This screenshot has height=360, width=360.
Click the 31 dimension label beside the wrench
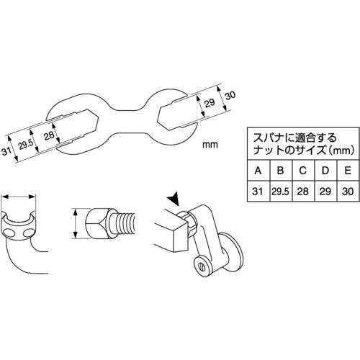tap(7, 151)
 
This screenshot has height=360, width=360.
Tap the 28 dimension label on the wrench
tap(49, 136)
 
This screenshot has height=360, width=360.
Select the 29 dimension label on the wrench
tap(210, 103)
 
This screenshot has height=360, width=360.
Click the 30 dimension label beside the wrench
tap(230, 96)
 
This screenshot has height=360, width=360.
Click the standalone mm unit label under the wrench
tap(210, 145)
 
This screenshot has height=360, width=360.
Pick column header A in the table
tap(258, 171)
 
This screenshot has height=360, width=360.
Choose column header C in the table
tap(302, 171)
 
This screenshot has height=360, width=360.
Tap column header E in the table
tap(348, 171)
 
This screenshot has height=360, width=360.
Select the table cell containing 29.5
tap(281, 192)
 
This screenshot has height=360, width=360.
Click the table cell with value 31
tap(258, 192)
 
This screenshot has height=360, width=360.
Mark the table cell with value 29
tap(325, 192)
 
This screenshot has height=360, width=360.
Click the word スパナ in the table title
tap(269, 138)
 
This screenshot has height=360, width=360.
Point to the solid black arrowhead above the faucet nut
tap(174, 199)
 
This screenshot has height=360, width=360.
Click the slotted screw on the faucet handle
tap(202, 266)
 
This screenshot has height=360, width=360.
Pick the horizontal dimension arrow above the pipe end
tap(19, 197)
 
